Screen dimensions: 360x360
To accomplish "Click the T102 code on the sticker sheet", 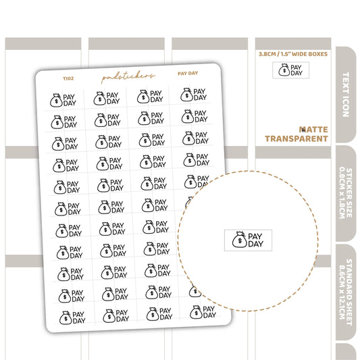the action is tap(68, 78).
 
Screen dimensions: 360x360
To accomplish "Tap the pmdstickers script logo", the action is tap(128, 77).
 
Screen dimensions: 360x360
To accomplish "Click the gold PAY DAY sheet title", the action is tap(188, 74).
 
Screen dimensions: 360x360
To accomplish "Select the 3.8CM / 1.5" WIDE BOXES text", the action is tap(293, 54).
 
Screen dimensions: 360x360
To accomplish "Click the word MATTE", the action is tap(313, 130).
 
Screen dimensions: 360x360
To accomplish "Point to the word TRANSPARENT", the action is tap(297, 138).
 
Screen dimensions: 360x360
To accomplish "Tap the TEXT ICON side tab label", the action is tap(346, 95).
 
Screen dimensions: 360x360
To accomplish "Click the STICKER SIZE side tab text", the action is tap(349, 193).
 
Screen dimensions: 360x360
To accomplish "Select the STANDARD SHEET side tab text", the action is tap(349, 292).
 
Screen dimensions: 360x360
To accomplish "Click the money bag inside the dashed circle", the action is tap(240, 240).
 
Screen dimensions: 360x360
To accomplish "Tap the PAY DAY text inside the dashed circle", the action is tap(255, 240).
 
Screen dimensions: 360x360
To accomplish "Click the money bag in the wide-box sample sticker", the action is tap(284, 70).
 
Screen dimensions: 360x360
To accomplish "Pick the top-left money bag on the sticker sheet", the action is tap(56, 100).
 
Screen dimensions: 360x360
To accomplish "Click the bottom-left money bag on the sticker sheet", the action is tap(66, 317).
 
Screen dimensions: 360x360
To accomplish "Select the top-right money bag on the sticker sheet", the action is tap(186, 95).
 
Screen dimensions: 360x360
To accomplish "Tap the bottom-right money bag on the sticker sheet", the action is tap(196, 312).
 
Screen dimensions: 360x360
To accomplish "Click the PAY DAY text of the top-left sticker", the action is tap(70, 100).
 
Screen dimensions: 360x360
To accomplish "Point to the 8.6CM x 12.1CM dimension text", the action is tap(342, 292).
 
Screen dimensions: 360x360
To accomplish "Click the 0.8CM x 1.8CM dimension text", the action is tap(342, 193).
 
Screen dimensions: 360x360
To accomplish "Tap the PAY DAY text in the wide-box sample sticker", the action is tap(297, 70).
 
